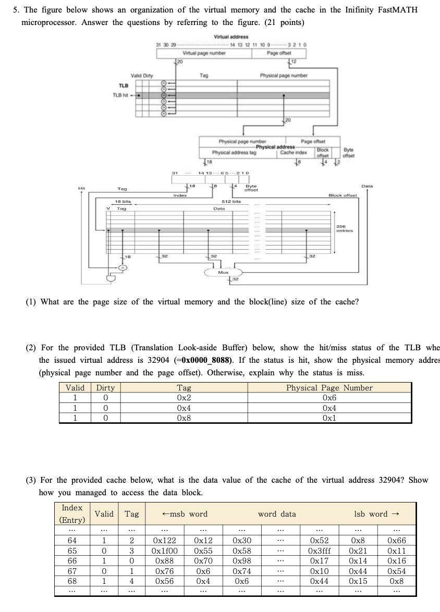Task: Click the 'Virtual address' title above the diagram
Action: (231, 36)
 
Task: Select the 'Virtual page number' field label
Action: (200, 53)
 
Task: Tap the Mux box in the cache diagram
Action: (223, 272)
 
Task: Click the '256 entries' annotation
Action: (341, 228)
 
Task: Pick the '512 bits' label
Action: (229, 201)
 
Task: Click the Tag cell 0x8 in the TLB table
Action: (184, 418)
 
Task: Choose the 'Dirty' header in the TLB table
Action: (106, 388)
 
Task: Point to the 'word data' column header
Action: (277, 514)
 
